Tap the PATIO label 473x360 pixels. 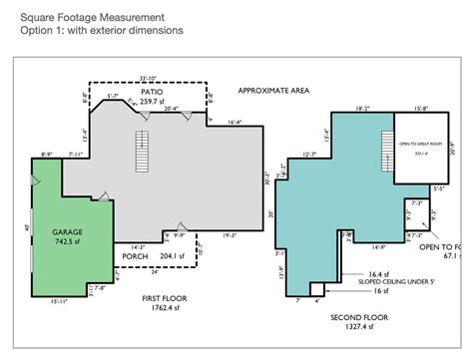pyautogui.click(x=151, y=90)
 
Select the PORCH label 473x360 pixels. pyautogui.click(x=135, y=255)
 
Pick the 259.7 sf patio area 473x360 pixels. pyautogui.click(x=151, y=101)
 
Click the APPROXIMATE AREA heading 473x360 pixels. pyautogui.click(x=273, y=90)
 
